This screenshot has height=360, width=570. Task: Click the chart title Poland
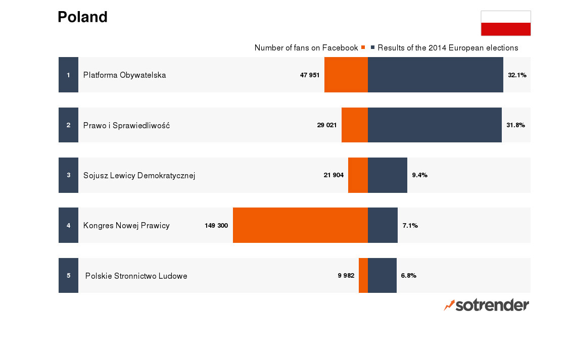point(82,17)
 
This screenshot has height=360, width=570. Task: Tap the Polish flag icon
point(505,23)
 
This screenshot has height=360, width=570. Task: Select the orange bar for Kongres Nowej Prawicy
point(300,225)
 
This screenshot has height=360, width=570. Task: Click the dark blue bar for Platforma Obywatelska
point(435,75)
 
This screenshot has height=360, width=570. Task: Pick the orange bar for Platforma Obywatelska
point(346,75)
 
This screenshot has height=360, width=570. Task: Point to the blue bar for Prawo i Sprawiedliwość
point(435,125)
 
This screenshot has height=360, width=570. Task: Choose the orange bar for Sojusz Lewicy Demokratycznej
point(358,175)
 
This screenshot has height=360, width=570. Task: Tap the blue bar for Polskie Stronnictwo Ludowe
point(382,275)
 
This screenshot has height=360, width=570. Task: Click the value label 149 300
point(216,226)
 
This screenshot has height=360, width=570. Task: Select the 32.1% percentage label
point(517,75)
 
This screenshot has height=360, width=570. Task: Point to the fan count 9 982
point(346,276)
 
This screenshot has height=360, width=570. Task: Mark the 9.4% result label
point(419,175)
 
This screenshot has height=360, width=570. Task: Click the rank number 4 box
point(68,225)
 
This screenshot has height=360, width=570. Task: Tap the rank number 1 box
point(68,75)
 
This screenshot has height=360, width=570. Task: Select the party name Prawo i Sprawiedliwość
point(126,126)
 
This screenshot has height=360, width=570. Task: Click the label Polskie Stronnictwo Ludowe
point(136,276)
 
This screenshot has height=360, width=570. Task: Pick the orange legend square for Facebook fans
point(363,47)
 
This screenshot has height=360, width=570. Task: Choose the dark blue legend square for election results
point(373,47)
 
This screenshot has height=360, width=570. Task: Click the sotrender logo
point(486,305)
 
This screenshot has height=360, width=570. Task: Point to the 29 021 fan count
point(327,125)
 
